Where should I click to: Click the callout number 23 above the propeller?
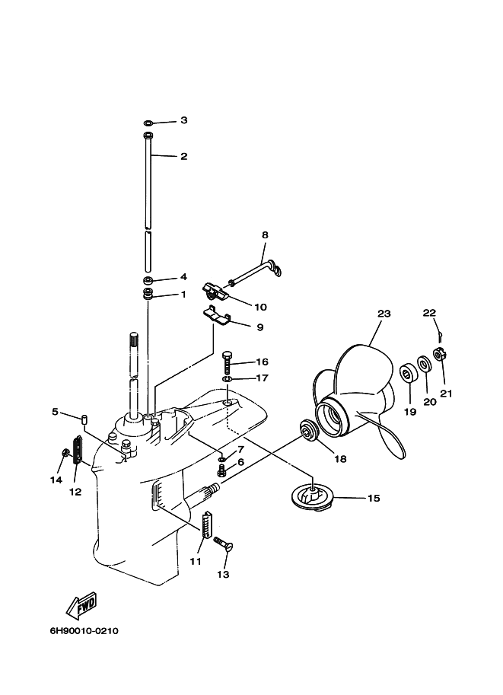384,313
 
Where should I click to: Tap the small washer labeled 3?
148,122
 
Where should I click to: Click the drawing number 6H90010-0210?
84,631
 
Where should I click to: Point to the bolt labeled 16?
227,362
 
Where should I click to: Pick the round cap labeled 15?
313,498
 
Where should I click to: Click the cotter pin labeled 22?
439,332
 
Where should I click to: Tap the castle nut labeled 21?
439,353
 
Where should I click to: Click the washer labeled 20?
424,364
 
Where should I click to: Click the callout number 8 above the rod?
265,235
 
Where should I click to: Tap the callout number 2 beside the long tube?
183,156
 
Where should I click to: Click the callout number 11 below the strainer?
196,561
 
